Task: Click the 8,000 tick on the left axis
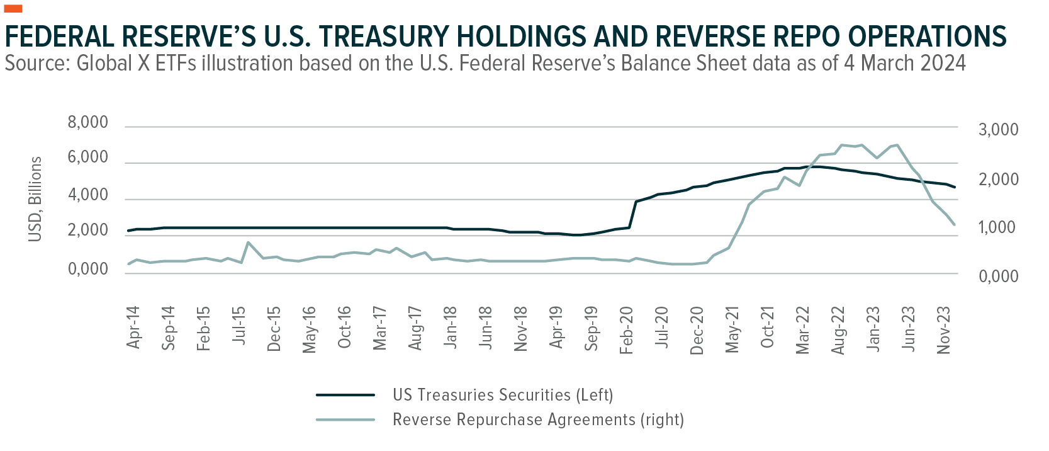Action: click(x=87, y=122)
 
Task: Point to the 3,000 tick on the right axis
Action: click(x=998, y=130)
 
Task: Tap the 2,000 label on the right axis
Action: click(x=998, y=180)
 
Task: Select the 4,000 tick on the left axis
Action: click(x=87, y=195)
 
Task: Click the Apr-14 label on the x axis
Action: click(x=133, y=328)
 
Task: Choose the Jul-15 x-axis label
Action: click(x=238, y=326)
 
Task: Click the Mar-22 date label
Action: click(x=802, y=331)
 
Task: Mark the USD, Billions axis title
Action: click(x=35, y=199)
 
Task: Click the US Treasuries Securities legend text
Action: click(x=502, y=395)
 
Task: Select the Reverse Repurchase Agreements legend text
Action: click(x=538, y=420)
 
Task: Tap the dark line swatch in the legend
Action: click(x=345, y=395)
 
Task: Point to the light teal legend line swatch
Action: click(x=345, y=420)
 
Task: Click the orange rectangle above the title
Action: click(x=13, y=8)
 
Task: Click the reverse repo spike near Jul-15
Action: click(x=248, y=242)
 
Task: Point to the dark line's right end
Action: click(x=955, y=187)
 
